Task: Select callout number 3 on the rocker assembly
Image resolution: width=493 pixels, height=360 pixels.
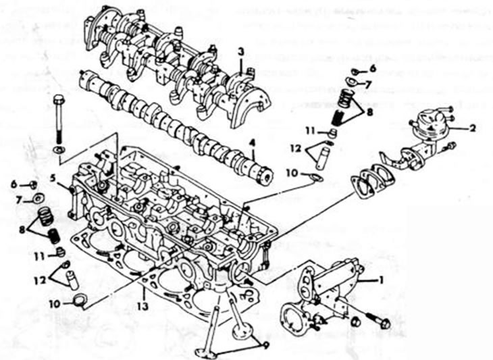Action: point(241,52)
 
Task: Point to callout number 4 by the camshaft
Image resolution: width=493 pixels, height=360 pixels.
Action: point(251,143)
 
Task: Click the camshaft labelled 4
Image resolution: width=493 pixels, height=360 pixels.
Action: point(176,124)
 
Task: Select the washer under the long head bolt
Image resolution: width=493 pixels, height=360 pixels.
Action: point(59,149)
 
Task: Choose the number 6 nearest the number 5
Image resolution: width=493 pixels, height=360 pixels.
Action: point(14,184)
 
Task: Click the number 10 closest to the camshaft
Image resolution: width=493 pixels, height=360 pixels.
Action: point(290,174)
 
